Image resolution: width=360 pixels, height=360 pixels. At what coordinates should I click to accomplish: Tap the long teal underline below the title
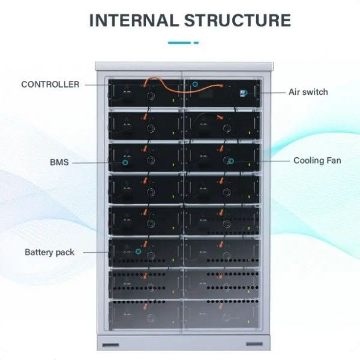(179, 43)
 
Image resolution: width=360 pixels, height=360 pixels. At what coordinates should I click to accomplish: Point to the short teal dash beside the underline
(196, 43)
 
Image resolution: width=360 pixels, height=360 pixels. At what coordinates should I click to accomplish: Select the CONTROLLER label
(50, 85)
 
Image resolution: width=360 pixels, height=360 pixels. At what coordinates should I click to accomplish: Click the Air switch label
(308, 92)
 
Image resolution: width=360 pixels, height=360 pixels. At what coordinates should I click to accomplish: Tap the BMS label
(59, 162)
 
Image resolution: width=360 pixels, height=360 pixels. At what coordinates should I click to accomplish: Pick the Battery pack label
(50, 252)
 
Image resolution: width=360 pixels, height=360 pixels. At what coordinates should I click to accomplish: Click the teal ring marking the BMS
(125, 162)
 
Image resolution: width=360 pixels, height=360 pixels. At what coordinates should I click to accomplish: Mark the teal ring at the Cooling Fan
(231, 161)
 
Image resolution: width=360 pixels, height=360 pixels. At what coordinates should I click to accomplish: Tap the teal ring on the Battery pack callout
(137, 252)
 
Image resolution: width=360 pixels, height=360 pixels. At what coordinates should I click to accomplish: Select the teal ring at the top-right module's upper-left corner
(195, 85)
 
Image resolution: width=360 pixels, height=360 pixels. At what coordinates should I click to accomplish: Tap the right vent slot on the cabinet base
(254, 344)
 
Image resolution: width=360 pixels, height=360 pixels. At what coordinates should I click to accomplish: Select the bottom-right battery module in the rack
(222, 314)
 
